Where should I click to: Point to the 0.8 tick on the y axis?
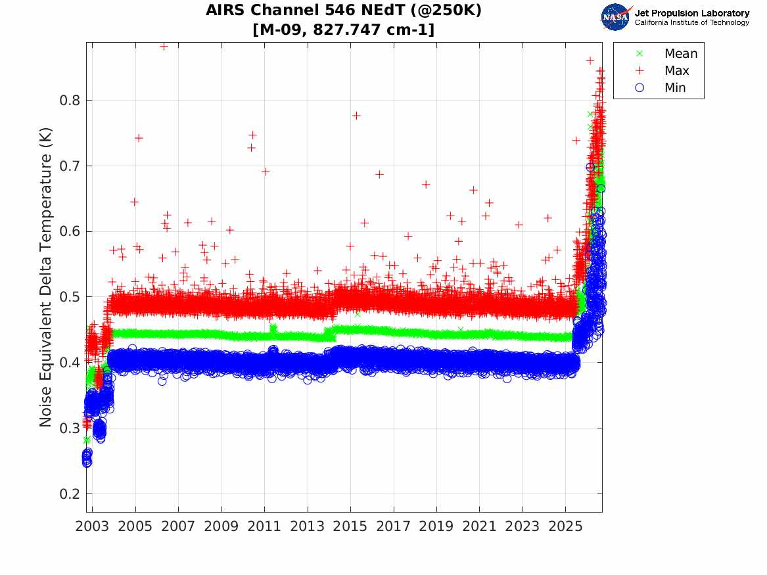[x=70, y=101]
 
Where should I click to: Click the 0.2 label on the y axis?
[x=70, y=494]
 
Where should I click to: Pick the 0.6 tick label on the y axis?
[x=70, y=232]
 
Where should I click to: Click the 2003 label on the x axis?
[x=92, y=526]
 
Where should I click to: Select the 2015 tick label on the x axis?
[x=350, y=526]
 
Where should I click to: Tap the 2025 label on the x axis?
[x=565, y=526]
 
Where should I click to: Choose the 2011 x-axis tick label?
[x=264, y=526]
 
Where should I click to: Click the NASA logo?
[x=616, y=17]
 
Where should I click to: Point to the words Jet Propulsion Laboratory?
[x=692, y=13]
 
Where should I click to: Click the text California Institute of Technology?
[x=692, y=22]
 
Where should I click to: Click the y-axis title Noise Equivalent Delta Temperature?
[x=45, y=277]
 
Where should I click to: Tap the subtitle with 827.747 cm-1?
[x=343, y=30]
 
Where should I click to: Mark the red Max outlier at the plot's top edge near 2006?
[x=164, y=47]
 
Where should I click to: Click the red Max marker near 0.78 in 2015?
[x=357, y=116]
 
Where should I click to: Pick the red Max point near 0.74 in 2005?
[x=139, y=138]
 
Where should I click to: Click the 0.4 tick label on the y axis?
[x=70, y=363]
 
